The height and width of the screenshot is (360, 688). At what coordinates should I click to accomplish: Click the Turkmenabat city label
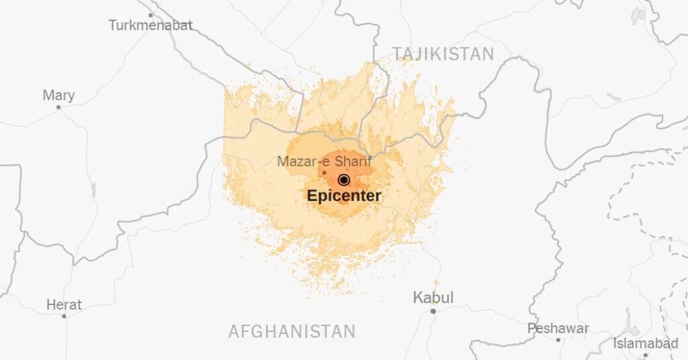(150, 26)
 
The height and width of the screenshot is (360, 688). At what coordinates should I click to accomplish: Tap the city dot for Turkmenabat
(150, 14)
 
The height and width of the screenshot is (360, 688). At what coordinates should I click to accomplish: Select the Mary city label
(58, 95)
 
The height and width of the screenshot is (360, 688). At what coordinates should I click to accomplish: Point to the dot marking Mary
(58, 107)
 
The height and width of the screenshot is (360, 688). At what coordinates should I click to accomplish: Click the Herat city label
(64, 305)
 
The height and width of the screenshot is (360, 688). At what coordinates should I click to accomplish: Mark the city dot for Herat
(64, 316)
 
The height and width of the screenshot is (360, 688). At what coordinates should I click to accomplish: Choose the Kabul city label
(433, 298)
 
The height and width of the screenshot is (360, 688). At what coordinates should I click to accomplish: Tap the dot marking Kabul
(433, 311)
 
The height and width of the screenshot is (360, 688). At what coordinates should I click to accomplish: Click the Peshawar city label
(558, 328)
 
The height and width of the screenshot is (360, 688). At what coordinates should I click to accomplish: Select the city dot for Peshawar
(559, 340)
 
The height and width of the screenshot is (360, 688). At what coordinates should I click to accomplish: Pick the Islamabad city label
(646, 344)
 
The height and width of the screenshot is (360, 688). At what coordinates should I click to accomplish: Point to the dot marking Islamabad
(646, 355)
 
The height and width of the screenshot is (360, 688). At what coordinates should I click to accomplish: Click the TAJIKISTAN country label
(443, 54)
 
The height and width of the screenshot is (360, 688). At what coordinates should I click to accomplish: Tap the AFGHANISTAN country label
(292, 331)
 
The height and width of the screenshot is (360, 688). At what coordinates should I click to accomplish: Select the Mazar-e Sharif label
(325, 161)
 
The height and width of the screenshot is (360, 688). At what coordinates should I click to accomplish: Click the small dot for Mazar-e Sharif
(325, 173)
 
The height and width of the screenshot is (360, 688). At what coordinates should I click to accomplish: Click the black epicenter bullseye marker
(344, 179)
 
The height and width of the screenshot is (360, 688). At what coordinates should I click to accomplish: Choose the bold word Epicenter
(344, 196)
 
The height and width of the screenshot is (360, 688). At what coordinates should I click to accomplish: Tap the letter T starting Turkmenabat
(113, 26)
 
